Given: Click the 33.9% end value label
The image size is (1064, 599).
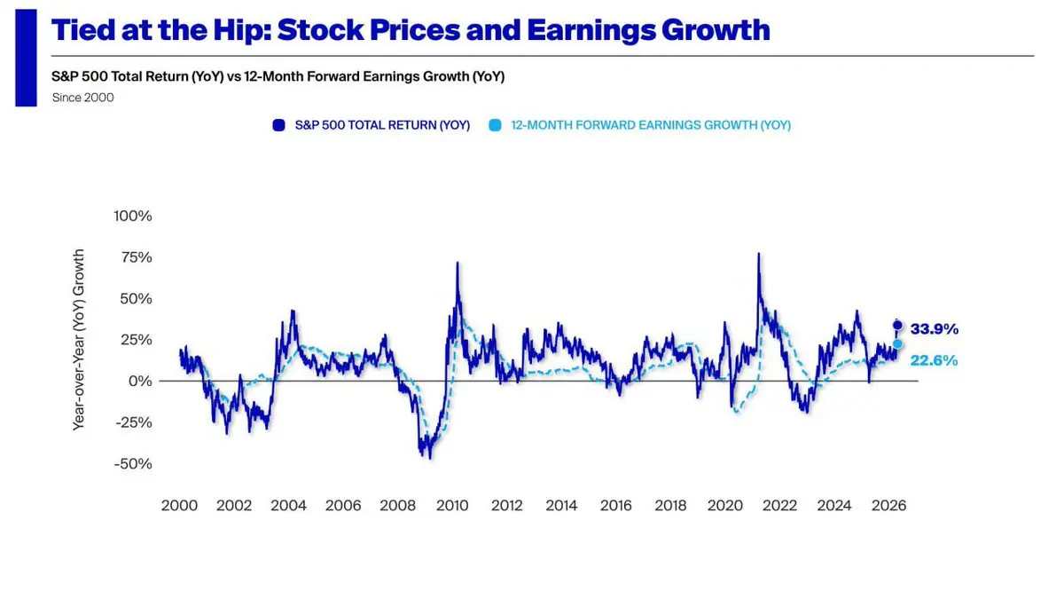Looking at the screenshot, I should (x=935, y=329).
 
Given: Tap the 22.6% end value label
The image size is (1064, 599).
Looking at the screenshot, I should (x=935, y=360).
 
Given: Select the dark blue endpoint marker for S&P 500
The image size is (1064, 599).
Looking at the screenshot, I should (x=897, y=325).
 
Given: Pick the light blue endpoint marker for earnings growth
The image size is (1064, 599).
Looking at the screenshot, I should (x=897, y=344).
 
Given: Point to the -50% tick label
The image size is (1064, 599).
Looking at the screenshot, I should (x=133, y=463).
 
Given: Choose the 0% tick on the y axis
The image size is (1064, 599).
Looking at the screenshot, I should (x=140, y=381).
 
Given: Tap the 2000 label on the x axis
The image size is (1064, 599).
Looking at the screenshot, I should (x=180, y=506).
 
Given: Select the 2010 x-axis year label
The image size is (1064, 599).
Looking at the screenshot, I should (x=452, y=506).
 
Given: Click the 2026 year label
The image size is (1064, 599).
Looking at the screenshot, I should (x=888, y=506).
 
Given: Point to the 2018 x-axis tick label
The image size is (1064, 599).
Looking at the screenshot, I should (x=670, y=506).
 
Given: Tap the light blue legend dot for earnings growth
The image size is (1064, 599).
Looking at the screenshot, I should (x=495, y=125).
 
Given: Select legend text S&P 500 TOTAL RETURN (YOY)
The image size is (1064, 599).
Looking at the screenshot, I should (x=382, y=125).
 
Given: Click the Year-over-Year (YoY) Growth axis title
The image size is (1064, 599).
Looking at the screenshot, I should (x=79, y=340).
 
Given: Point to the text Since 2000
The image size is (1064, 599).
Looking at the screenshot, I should (x=83, y=98).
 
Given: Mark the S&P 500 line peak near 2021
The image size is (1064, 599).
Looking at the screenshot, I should (x=759, y=255).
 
